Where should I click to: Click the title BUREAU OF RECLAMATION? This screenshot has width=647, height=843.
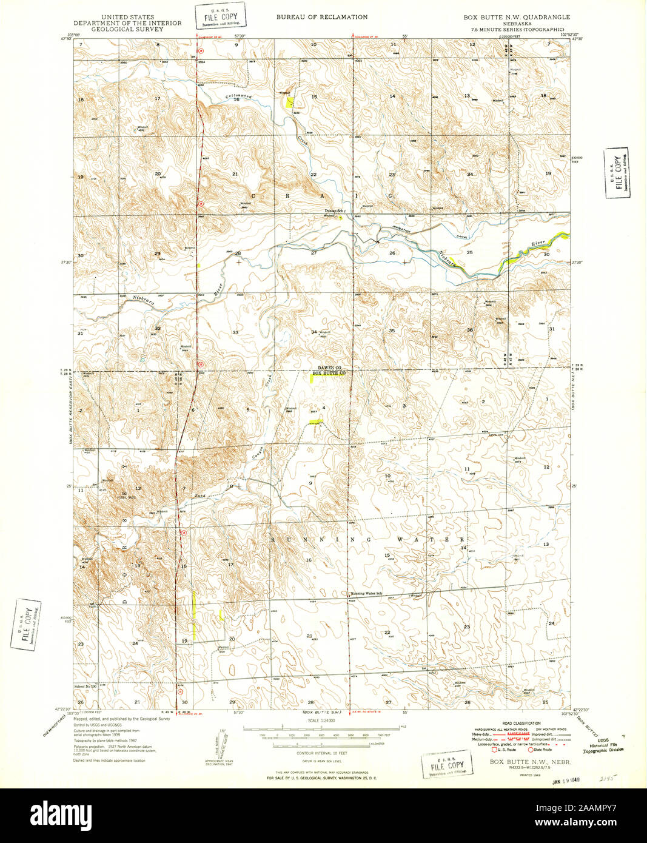tap(321, 17)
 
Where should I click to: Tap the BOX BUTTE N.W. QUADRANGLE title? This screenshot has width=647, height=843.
tap(517, 17)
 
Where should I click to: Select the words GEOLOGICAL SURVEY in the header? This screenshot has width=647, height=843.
tap(127, 29)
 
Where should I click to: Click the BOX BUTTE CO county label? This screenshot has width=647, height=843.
tap(328, 374)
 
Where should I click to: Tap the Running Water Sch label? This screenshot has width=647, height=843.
tap(367, 593)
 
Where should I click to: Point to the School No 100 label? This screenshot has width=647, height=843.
tap(85, 686)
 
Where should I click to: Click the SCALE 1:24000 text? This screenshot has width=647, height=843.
tap(321, 721)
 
